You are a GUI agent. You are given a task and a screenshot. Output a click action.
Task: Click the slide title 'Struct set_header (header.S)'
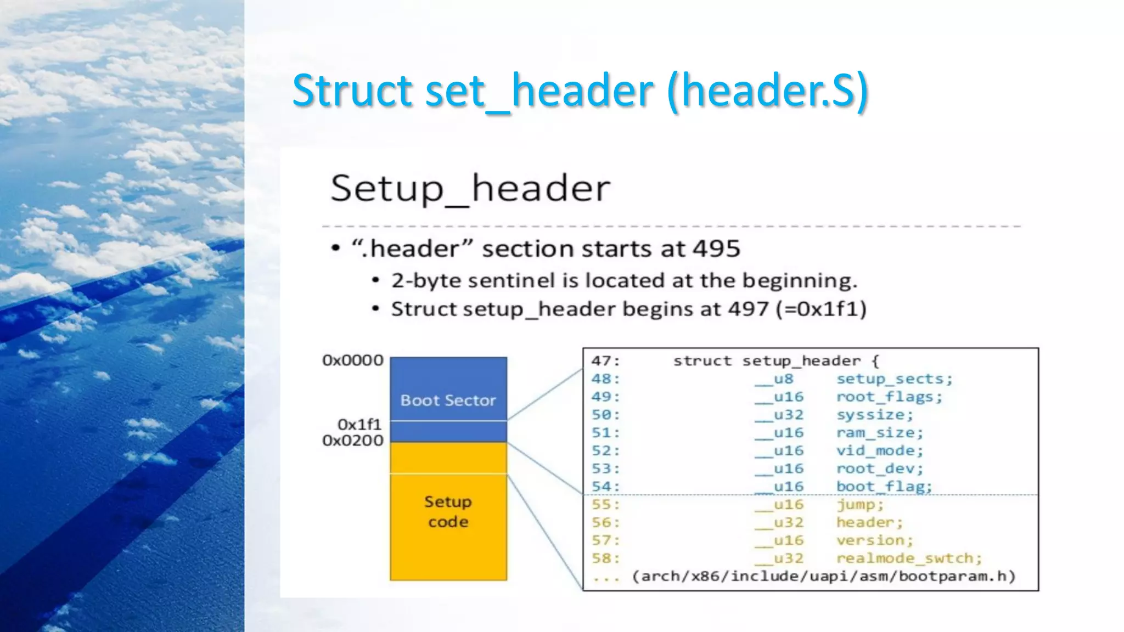click(580, 91)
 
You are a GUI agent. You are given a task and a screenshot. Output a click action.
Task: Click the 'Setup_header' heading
click(470, 189)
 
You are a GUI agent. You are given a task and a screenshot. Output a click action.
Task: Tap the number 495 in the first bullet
click(716, 249)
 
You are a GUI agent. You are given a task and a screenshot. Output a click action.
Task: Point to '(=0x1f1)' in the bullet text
click(821, 309)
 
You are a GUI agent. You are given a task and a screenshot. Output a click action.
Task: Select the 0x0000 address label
click(352, 360)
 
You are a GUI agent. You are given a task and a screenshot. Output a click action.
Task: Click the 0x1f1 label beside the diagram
click(359, 425)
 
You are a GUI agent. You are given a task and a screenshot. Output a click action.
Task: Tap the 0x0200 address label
click(352, 441)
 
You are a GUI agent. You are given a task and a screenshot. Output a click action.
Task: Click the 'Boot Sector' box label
click(448, 400)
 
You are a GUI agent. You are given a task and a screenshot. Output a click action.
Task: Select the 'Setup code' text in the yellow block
click(448, 511)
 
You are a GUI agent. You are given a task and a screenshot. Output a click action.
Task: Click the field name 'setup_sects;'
click(894, 379)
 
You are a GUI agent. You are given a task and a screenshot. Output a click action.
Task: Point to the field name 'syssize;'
click(874, 415)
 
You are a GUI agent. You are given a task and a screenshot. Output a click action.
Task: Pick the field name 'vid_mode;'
click(879, 451)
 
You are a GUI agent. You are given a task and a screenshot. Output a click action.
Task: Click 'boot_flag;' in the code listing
click(884, 487)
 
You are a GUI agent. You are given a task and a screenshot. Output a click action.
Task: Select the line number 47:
click(605, 361)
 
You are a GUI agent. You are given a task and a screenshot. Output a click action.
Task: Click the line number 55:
click(605, 505)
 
